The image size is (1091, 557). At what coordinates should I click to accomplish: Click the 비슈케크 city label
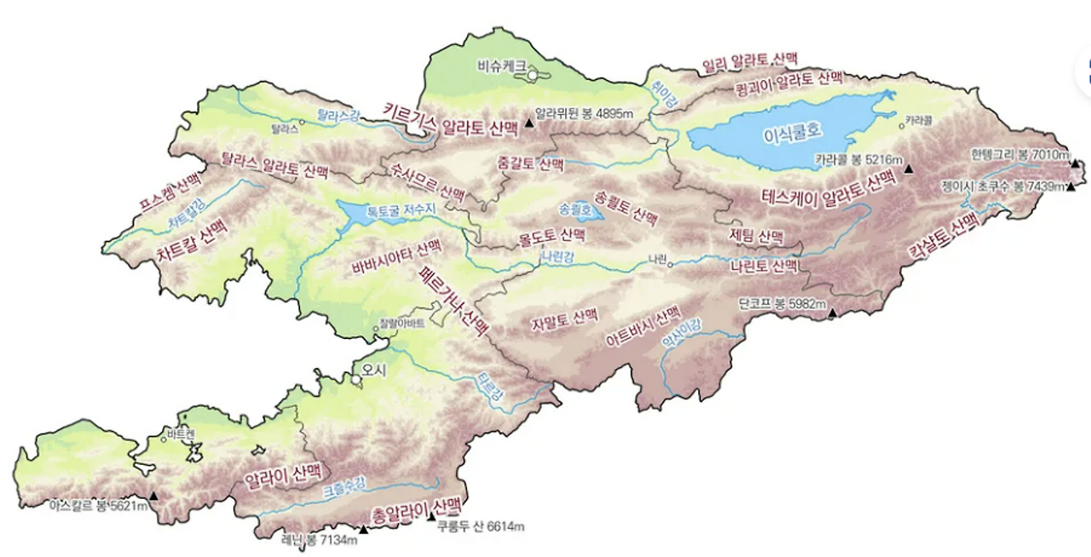(501, 63)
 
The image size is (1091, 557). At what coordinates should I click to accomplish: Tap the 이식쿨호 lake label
(794, 131)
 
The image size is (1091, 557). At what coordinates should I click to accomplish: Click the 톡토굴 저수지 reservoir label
(401, 210)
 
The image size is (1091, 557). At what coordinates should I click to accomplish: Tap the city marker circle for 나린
(670, 264)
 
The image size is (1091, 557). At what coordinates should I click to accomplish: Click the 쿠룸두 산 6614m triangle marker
(431, 516)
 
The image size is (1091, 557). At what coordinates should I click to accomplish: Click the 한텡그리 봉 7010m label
(1019, 155)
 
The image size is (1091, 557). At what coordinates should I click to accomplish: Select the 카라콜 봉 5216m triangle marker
(909, 169)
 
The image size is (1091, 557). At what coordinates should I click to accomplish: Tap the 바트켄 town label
(182, 434)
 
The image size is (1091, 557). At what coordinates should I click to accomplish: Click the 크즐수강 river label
(344, 487)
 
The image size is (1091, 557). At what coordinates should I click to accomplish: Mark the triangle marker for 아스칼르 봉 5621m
(153, 496)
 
